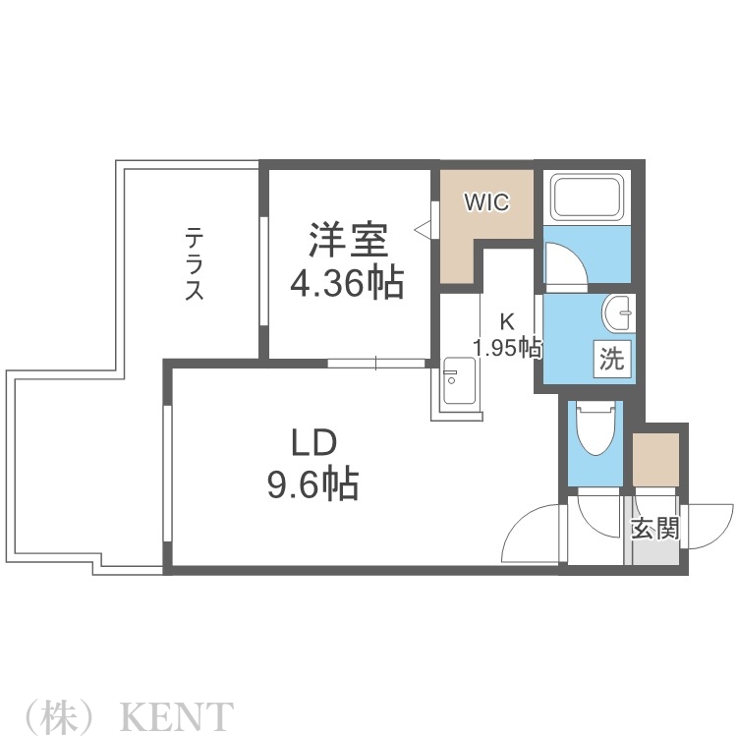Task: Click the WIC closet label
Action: tap(486, 203)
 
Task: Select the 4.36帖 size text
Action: tap(346, 283)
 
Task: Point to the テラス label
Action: tap(196, 263)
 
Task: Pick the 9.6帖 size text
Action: tap(313, 484)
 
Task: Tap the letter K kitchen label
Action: tap(507, 321)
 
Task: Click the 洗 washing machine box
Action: tap(611, 360)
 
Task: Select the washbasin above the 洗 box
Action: tap(619, 314)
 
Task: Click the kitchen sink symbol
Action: tap(457, 384)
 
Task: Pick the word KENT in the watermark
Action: tap(177, 713)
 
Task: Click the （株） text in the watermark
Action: tap(59, 713)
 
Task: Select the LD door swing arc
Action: tap(531, 536)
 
